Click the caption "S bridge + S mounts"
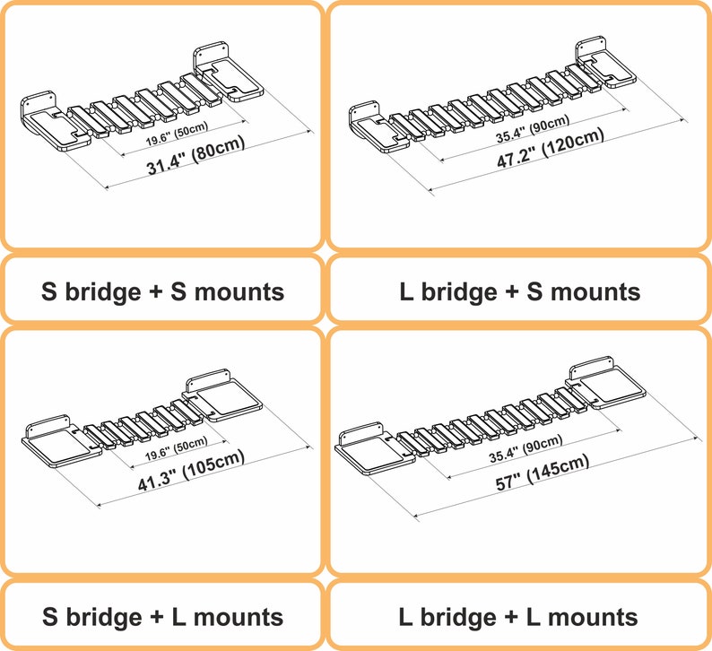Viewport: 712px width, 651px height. point(162,291)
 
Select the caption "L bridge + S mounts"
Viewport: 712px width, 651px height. point(519,291)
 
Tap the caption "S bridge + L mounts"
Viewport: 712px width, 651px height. point(162,617)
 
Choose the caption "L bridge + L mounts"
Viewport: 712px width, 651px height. point(519,617)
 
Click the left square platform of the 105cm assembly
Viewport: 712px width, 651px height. point(54,443)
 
